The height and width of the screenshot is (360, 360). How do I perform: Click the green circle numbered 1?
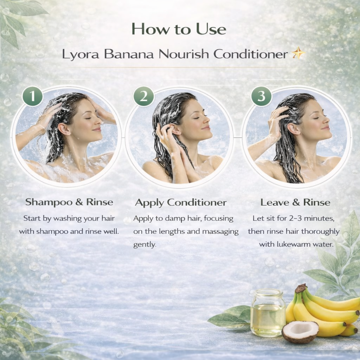[x=33, y=96]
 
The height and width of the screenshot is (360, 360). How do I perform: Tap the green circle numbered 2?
[x=144, y=96]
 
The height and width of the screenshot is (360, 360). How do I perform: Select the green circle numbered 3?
[x=261, y=96]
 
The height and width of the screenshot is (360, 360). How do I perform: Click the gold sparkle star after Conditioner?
[x=298, y=53]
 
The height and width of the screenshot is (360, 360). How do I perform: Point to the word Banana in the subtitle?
[x=129, y=54]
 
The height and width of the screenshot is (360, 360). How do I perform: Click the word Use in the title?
[x=211, y=29]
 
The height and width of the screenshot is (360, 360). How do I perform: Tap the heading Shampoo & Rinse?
[x=69, y=202]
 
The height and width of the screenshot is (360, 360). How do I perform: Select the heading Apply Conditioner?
[x=181, y=202]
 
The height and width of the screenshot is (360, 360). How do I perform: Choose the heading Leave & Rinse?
[x=295, y=202]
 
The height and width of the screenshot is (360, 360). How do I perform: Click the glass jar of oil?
[x=268, y=312]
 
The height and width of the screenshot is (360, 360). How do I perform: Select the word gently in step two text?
[x=144, y=245]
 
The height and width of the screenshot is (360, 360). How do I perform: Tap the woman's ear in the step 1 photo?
[x=64, y=129]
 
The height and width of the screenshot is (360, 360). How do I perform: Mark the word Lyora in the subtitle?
[x=81, y=54]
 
